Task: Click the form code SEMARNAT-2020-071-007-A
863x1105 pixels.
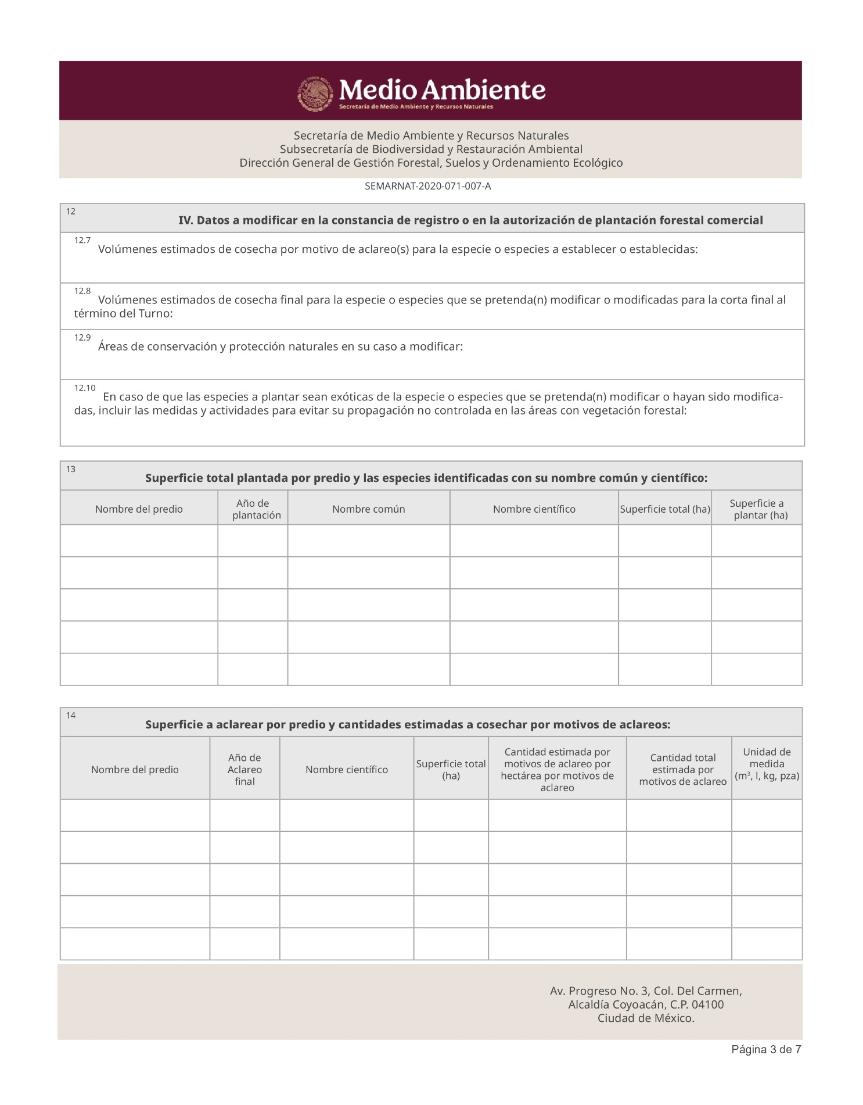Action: pos(427,186)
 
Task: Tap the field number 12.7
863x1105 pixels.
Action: pos(82,240)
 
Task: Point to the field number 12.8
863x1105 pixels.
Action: pos(82,291)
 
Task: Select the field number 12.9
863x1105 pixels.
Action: pos(82,337)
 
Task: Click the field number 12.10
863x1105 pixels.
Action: pos(84,388)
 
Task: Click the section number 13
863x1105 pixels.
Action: pos(70,469)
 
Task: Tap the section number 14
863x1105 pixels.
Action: pos(70,716)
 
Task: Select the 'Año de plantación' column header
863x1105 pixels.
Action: pos(253,509)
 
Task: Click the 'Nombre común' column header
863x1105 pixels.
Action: pos(368,509)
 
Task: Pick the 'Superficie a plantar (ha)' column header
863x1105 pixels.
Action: pos(757,509)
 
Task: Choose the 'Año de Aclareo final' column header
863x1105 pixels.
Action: pos(244,770)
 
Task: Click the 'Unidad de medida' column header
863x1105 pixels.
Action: pos(767,764)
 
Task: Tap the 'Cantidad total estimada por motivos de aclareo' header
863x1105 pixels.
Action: pos(682,770)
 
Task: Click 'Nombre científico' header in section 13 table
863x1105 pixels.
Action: pos(534,509)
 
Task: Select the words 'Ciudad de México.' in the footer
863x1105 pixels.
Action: pos(646,1018)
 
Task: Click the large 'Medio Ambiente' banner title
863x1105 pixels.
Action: pos(442,90)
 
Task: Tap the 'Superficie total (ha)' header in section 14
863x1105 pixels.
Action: pos(451,770)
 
